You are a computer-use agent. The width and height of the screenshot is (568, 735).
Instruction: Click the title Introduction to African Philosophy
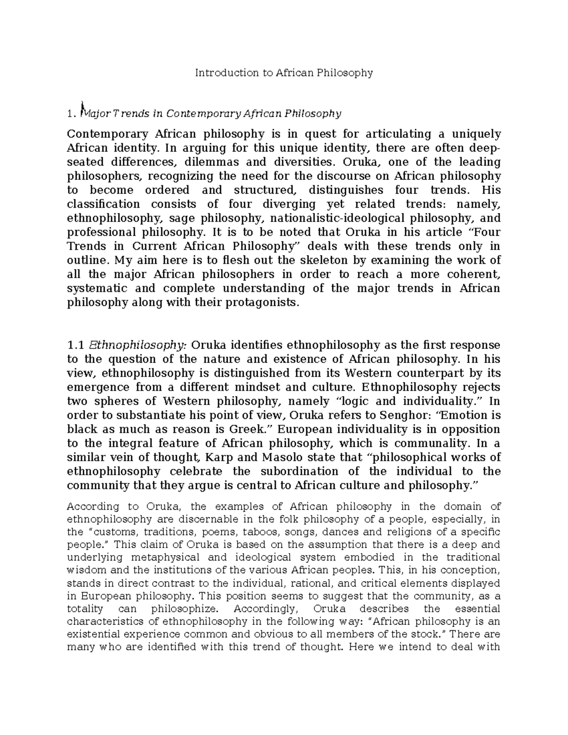pos(284,73)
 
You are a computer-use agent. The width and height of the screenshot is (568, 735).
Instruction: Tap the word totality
pos(86,609)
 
